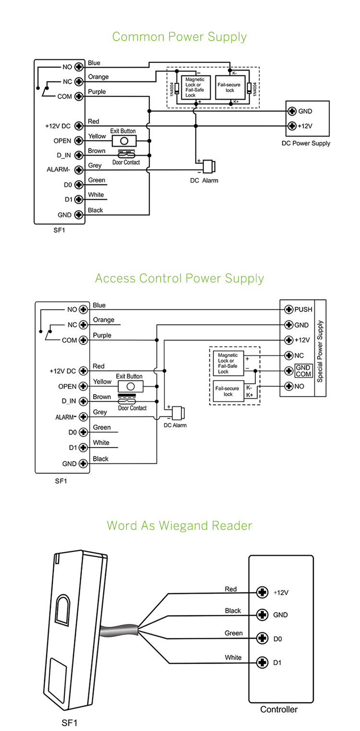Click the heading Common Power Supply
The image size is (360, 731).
180,37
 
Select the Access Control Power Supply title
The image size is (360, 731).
180,279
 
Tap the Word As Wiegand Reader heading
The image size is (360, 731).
180,525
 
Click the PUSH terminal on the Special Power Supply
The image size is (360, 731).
289,309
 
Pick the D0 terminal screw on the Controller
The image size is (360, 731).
262,638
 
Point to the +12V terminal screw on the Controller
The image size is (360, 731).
262,592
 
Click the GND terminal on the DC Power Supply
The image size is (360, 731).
291,111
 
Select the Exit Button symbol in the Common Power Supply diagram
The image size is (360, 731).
124,141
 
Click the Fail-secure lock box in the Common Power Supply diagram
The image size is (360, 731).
229,87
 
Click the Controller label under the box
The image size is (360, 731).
279,709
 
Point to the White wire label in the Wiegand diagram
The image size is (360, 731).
233,657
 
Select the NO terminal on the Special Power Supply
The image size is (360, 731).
289,386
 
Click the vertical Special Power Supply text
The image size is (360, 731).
320,352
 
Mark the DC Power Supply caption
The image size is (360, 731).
306,143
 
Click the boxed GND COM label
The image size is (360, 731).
303,371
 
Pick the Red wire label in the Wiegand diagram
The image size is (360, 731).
231,589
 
